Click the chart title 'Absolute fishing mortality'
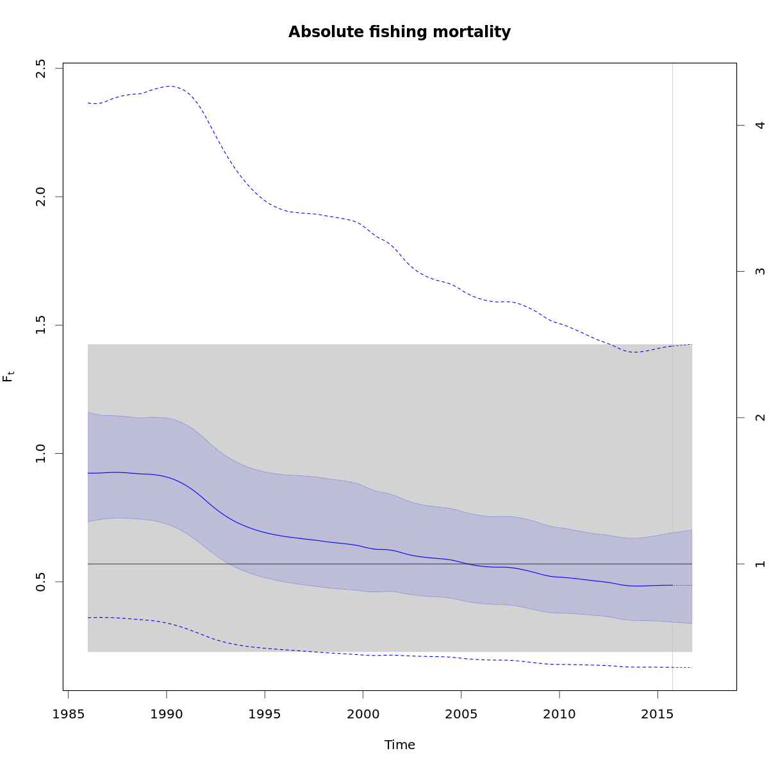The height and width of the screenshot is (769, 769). [x=399, y=32]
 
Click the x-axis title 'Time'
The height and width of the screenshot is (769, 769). [x=399, y=745]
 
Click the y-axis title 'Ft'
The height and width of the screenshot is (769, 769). [x=8, y=376]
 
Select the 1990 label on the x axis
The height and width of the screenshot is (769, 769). [x=167, y=714]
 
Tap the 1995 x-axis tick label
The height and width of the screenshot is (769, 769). [x=265, y=714]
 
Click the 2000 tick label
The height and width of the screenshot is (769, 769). [x=363, y=714]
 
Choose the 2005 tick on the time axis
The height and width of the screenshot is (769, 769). [x=461, y=714]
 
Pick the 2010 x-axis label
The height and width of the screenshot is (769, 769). [x=559, y=714]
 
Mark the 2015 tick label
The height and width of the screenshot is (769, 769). [x=657, y=714]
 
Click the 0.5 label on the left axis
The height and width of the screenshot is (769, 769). [x=41, y=582]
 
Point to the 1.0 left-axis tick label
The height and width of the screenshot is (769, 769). [x=41, y=453]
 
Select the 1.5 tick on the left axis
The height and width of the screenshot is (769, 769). [x=41, y=325]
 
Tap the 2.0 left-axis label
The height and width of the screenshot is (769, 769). [x=41, y=196]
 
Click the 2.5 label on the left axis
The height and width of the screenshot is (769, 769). [x=41, y=68]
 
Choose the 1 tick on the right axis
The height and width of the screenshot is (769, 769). [x=761, y=564]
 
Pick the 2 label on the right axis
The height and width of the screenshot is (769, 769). [x=761, y=418]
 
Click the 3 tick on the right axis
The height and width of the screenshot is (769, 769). [x=761, y=271]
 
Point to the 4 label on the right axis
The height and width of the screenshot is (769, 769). [x=761, y=125]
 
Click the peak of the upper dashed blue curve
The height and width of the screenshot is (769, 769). [x=171, y=86]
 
